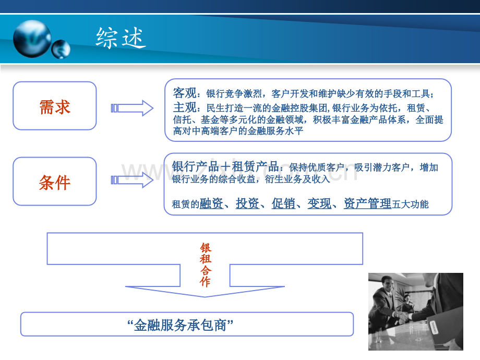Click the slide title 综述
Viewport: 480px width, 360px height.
tap(121, 38)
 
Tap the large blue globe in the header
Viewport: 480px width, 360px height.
tap(32, 39)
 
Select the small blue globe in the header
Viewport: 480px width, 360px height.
tap(61, 49)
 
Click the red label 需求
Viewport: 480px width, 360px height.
tap(55, 107)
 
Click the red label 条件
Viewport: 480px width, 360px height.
tap(55, 183)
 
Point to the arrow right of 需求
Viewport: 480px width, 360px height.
tap(132, 108)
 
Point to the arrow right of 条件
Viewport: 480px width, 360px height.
tap(132, 180)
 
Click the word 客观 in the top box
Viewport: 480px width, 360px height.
tap(185, 93)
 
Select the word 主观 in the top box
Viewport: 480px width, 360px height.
tap(185, 107)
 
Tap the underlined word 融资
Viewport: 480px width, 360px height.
tap(211, 203)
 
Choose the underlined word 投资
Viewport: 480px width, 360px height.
tap(247, 203)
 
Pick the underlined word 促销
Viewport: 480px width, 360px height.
tap(283, 203)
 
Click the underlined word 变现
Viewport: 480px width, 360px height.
tap(319, 203)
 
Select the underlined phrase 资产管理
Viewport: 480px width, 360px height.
tap(367, 203)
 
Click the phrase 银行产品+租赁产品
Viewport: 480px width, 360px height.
tap(225, 166)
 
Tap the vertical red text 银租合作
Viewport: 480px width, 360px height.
tap(206, 265)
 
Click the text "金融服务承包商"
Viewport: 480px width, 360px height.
tap(181, 325)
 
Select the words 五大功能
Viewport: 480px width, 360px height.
tap(410, 204)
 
